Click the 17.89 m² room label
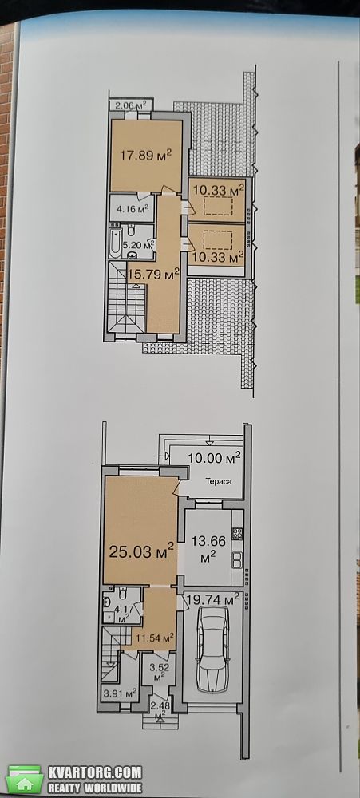(145, 154)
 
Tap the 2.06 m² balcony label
(131, 105)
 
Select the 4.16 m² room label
(132, 208)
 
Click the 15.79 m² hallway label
(152, 275)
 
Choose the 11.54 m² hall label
(155, 637)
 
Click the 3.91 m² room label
(121, 693)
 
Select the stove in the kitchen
(237, 534)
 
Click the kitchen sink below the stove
(237, 560)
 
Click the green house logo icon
(24, 779)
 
